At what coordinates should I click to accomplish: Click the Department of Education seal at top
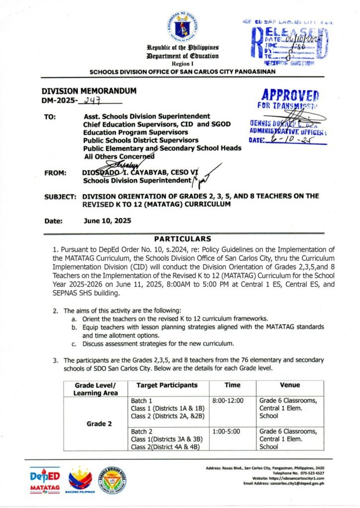(179, 26)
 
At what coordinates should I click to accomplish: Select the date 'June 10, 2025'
(107, 221)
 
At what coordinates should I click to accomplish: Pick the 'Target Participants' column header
(167, 385)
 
